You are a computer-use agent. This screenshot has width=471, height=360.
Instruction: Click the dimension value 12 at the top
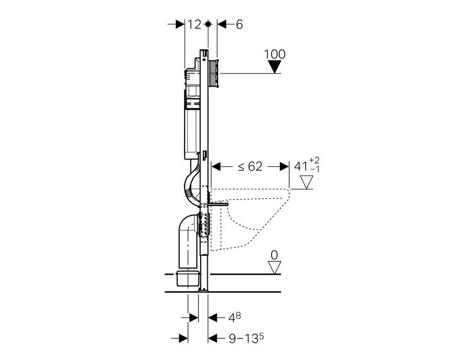[x=193, y=24]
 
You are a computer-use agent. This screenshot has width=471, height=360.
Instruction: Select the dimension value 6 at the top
[x=239, y=24]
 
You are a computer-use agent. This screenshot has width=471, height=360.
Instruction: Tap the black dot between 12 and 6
[x=208, y=24]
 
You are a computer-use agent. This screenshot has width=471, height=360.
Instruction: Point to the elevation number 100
[x=275, y=54]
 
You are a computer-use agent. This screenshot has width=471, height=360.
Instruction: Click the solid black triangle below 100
[x=275, y=66]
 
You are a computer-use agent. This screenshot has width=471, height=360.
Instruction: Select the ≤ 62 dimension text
[x=250, y=166]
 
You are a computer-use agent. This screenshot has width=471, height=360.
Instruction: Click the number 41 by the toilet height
[x=300, y=166]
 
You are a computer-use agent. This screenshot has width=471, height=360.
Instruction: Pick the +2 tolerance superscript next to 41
[x=315, y=161]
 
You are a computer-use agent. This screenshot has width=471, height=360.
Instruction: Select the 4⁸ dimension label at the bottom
[x=235, y=317]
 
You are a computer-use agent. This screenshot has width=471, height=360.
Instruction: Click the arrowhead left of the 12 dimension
[x=180, y=24]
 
